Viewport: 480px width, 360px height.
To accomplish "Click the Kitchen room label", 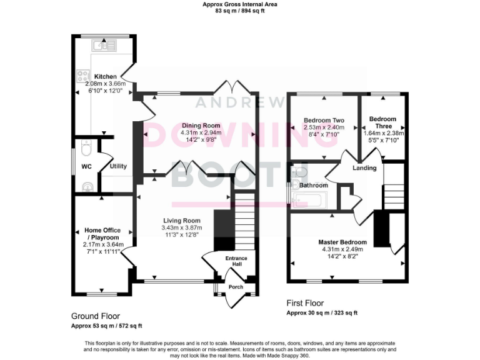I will click(x=105, y=76).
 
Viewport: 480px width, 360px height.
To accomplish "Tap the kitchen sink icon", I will click(x=99, y=44).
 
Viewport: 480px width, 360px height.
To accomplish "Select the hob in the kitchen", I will click(x=82, y=76).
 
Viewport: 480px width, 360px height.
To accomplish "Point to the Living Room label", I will click(x=181, y=221).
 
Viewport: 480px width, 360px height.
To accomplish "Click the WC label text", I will click(x=86, y=167).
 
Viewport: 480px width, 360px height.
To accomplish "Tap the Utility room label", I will click(x=118, y=167).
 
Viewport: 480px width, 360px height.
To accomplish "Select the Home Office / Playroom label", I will click(x=102, y=234).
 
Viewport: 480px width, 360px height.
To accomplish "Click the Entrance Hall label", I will click(x=236, y=262).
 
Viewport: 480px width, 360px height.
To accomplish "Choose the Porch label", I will click(x=236, y=287).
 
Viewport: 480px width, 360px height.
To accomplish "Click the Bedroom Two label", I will click(x=324, y=120).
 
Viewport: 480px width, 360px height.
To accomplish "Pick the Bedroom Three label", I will click(x=382, y=122).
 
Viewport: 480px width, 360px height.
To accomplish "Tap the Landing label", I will click(x=364, y=167).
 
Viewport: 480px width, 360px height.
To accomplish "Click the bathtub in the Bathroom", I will click(x=307, y=201).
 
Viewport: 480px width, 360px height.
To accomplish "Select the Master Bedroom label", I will click(x=342, y=242).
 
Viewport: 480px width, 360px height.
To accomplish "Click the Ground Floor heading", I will click(x=95, y=316).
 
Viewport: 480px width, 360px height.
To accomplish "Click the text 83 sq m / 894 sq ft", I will click(x=240, y=11).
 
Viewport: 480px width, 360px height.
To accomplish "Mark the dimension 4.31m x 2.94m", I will click(x=201, y=133).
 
